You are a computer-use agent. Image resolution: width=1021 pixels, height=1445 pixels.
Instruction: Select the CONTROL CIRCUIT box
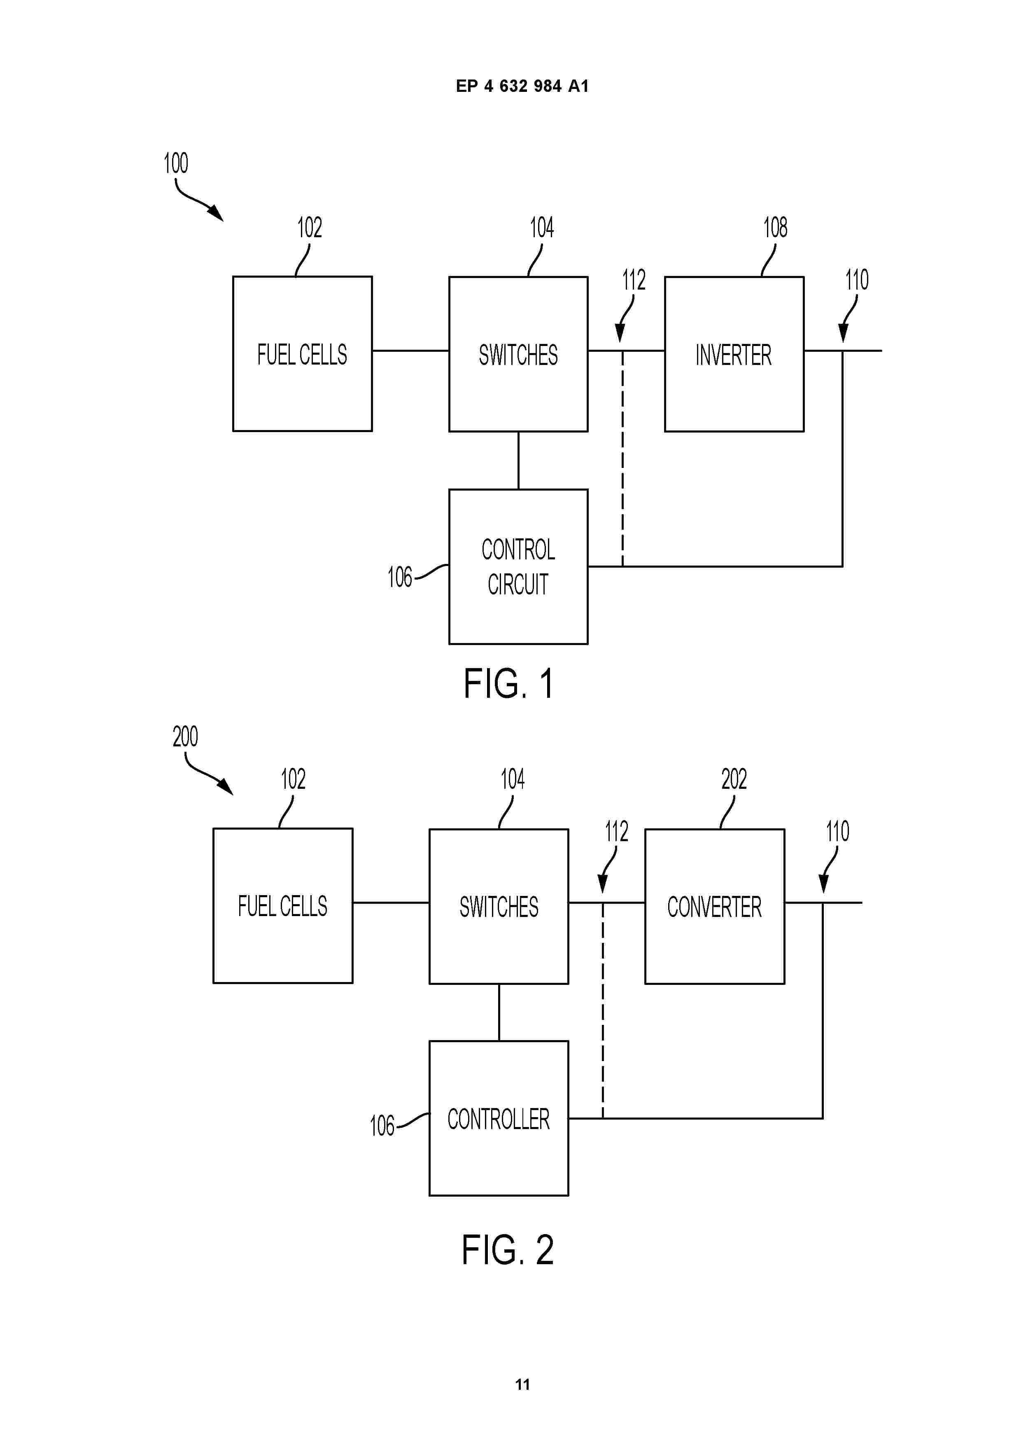pyautogui.click(x=518, y=566)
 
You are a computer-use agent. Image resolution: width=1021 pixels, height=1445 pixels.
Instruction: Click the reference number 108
pyautogui.click(x=775, y=228)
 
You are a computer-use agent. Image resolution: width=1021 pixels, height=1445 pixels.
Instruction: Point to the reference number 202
pyautogui.click(x=734, y=780)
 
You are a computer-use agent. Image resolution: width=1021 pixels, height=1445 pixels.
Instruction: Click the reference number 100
pyautogui.click(x=175, y=164)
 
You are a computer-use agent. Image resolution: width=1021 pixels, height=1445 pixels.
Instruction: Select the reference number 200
pyautogui.click(x=185, y=737)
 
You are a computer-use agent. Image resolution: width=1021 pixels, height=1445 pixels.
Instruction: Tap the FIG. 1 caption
pyautogui.click(x=508, y=684)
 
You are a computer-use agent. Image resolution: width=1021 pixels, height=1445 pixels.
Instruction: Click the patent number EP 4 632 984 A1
pyautogui.click(x=522, y=86)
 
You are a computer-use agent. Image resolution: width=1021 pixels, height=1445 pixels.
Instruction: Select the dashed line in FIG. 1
pyautogui.click(x=622, y=459)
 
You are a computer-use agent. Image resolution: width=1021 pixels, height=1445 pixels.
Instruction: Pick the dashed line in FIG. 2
pyautogui.click(x=603, y=1013)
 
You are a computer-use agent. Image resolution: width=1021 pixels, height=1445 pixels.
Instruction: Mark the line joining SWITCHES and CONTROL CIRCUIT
pyautogui.click(x=518, y=460)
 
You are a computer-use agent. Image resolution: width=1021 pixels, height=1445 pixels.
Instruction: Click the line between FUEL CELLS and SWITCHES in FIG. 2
pyautogui.click(x=391, y=903)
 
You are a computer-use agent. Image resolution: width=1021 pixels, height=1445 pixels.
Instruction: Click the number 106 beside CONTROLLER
pyautogui.click(x=382, y=1126)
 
